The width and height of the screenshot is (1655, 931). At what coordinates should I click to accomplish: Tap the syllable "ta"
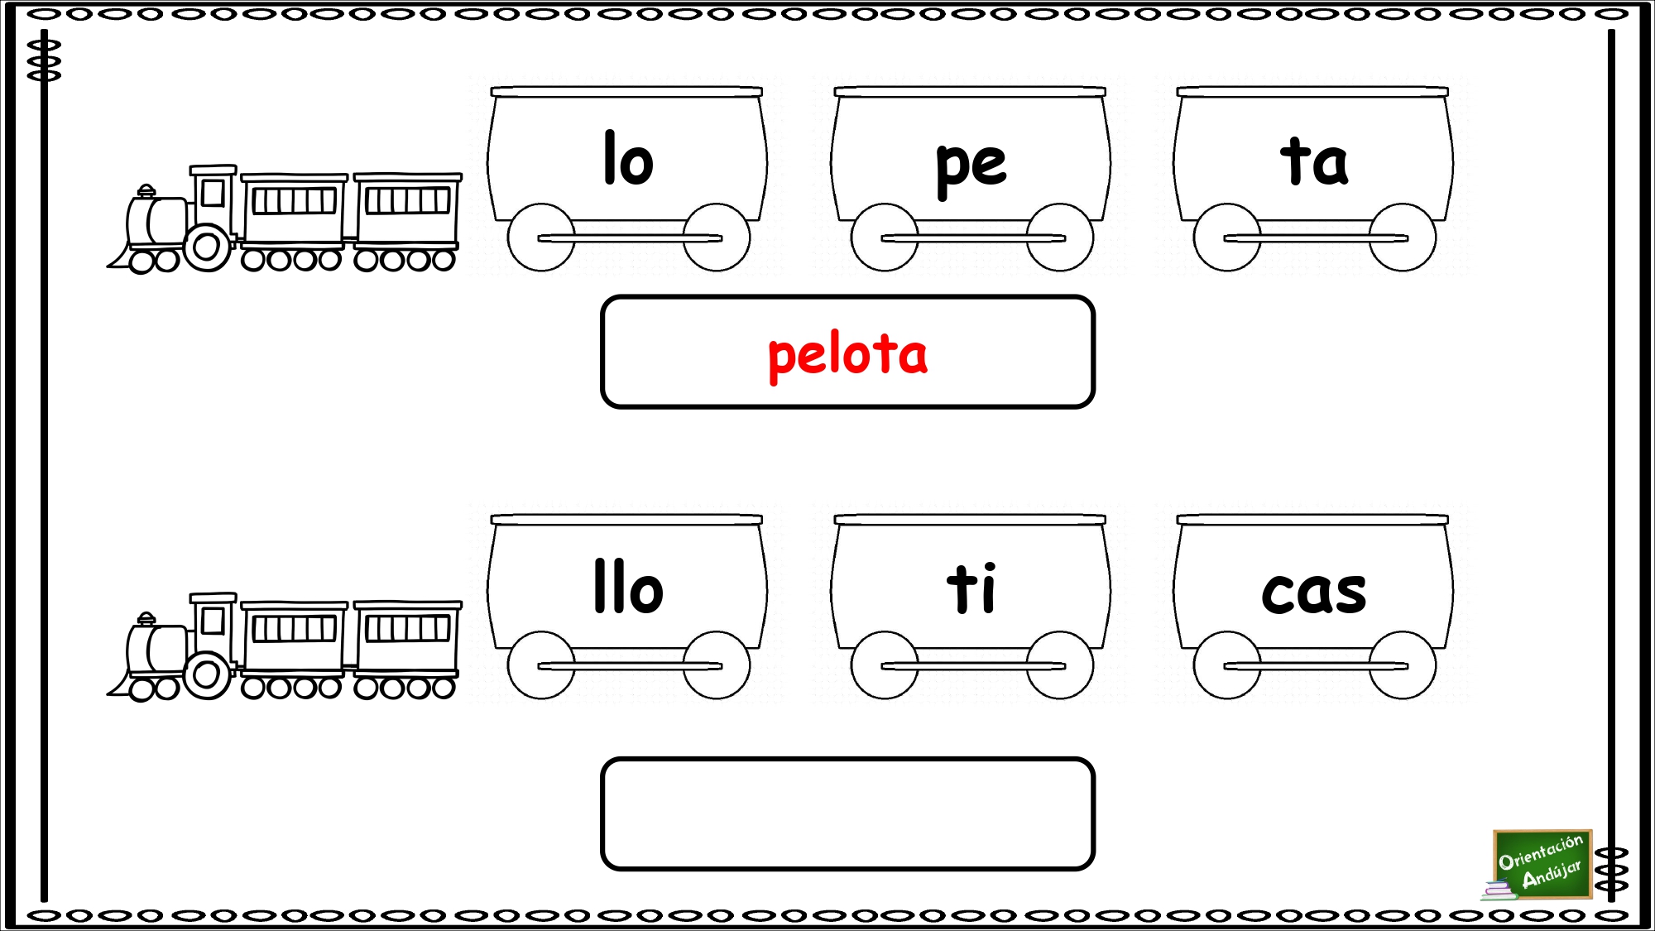point(1314,161)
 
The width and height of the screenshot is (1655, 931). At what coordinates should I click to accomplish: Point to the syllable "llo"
point(629,586)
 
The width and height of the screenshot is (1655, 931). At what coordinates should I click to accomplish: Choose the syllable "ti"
point(971,588)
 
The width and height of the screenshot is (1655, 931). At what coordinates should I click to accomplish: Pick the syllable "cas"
point(1314,593)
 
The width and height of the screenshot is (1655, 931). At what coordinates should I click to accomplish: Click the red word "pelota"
point(847,356)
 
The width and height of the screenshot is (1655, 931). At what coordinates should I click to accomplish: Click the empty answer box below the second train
point(847,813)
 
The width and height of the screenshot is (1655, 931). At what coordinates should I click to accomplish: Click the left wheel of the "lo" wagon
point(541,238)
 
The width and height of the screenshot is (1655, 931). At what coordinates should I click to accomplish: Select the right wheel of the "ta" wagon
point(1403,238)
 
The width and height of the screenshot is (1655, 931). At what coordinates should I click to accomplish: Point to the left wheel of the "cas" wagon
point(1227,665)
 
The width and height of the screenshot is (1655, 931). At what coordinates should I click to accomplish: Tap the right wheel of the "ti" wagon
point(1060,665)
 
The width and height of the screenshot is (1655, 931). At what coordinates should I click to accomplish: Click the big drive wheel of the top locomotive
point(207,247)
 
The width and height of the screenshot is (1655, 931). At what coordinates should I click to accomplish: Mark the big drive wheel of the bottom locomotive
point(207,674)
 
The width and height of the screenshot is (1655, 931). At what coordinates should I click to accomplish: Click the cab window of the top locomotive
point(213,193)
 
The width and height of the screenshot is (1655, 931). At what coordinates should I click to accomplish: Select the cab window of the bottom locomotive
point(213,621)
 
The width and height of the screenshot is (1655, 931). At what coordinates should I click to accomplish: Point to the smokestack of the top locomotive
point(146,192)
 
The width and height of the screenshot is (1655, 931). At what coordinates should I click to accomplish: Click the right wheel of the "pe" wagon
point(1060,238)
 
